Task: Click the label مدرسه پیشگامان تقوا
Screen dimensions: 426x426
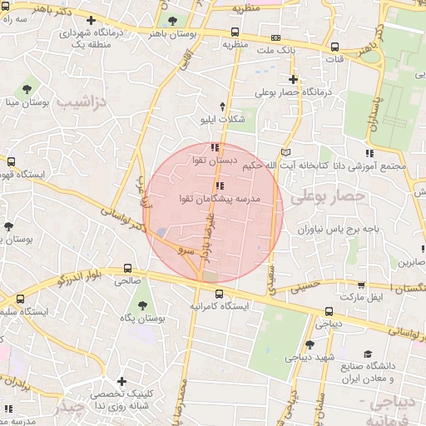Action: [x=220, y=200]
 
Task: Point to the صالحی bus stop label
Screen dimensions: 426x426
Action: [x=127, y=281]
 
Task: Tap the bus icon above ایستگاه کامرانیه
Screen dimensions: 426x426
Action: [x=220, y=293]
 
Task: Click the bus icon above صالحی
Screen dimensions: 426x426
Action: [x=127, y=268]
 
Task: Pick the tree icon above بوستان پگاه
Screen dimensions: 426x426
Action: [x=142, y=305]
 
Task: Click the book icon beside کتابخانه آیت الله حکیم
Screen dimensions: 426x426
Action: [x=286, y=152]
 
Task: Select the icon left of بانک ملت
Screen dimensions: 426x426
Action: [x=275, y=37]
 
